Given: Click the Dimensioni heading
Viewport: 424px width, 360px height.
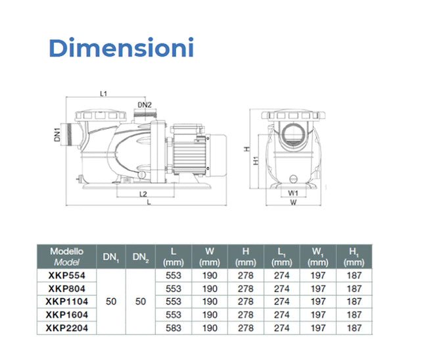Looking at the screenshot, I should point(122,47).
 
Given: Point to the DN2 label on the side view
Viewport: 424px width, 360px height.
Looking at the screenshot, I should point(145,105).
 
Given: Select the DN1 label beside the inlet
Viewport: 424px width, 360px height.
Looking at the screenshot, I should point(58,137).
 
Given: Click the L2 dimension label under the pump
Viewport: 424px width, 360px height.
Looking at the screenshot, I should point(143,194).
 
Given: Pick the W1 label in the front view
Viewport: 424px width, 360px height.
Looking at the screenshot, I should point(293,193).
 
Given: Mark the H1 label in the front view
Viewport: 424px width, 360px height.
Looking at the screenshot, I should point(256,159).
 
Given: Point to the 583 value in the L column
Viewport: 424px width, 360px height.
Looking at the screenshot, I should point(172,327).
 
